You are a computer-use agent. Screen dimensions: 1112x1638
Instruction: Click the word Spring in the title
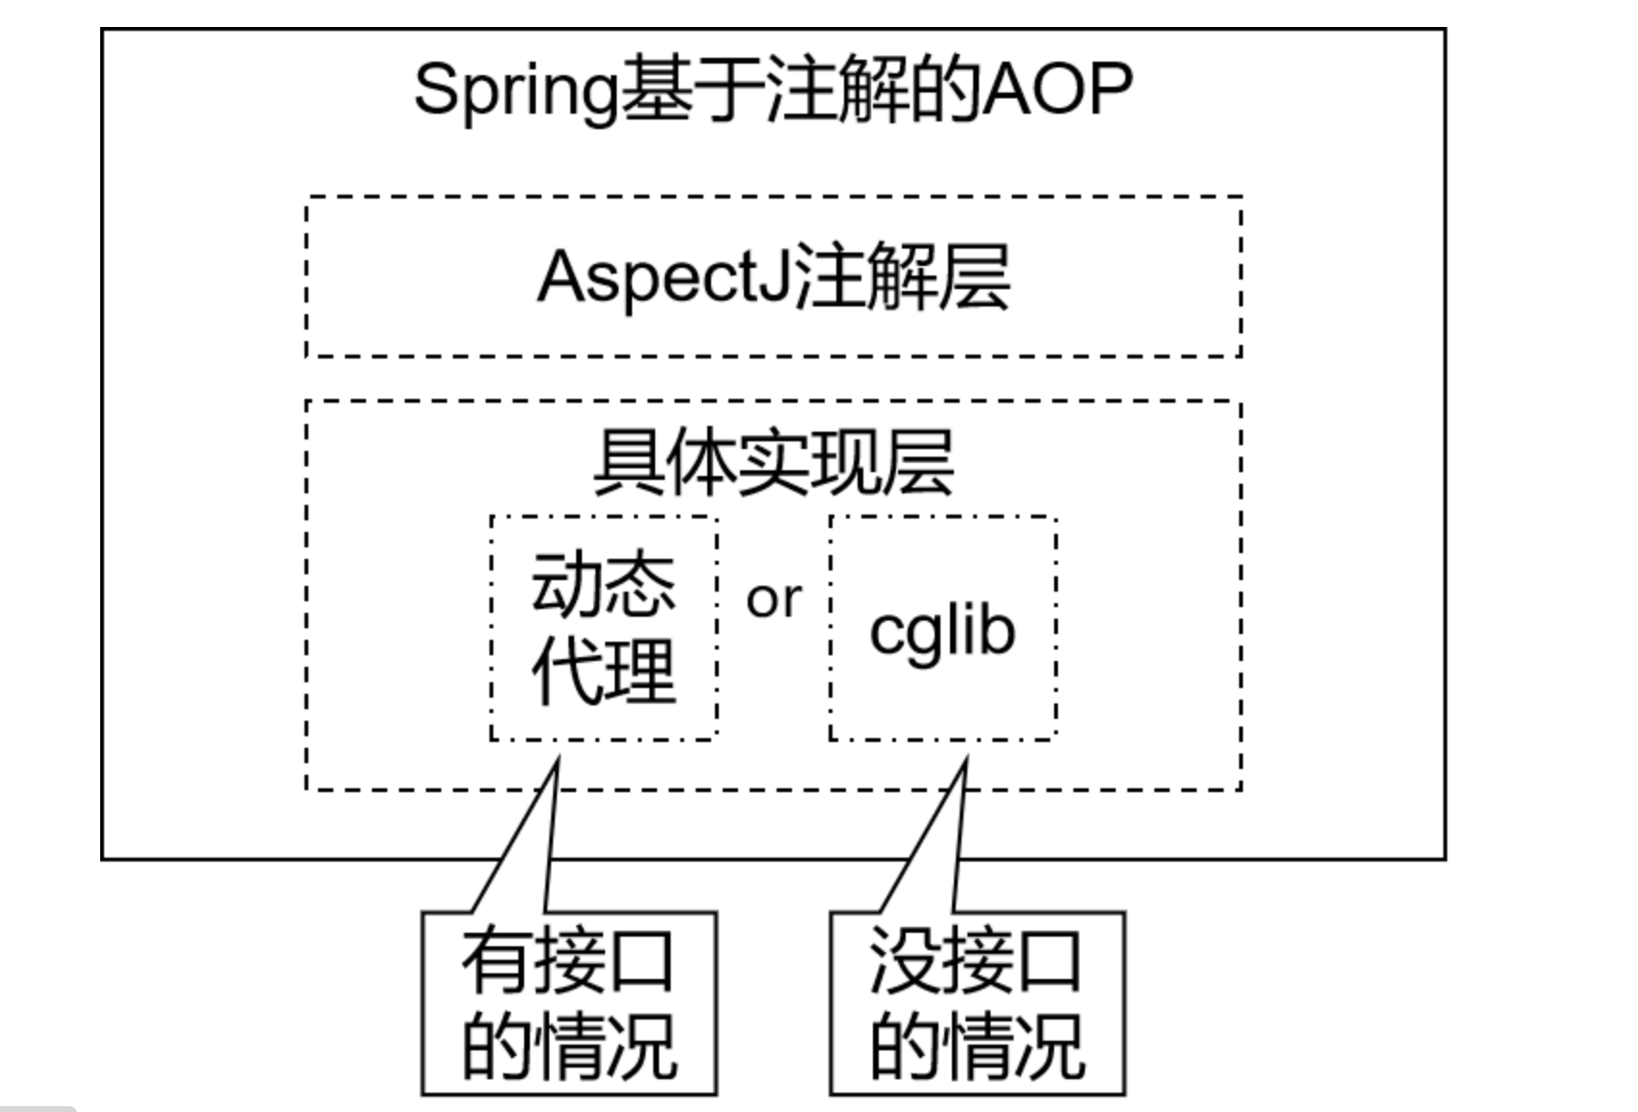point(515,92)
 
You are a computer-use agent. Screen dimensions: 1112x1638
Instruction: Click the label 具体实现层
point(773,463)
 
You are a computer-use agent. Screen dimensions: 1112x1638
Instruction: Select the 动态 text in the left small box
point(603,584)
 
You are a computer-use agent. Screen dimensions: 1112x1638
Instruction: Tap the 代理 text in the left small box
point(603,671)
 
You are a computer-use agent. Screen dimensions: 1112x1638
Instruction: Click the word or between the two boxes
point(773,600)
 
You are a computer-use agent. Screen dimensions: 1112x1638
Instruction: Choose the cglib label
point(942,631)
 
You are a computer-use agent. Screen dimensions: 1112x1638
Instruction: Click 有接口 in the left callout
point(568,961)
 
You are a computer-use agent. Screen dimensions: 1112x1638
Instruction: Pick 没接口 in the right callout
point(976,961)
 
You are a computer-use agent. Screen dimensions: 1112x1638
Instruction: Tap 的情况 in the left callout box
point(569,1046)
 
